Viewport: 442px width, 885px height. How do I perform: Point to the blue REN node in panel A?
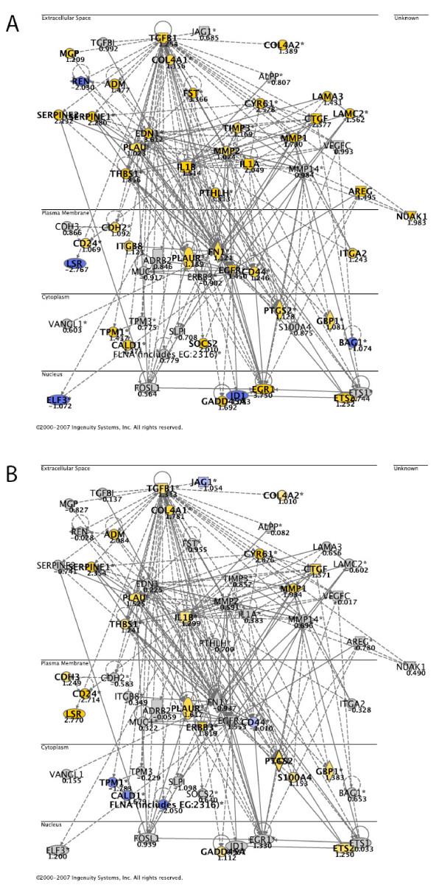click(80, 81)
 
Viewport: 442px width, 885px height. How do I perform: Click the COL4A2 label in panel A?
click(284, 45)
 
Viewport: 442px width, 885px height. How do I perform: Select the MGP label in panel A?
click(68, 53)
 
